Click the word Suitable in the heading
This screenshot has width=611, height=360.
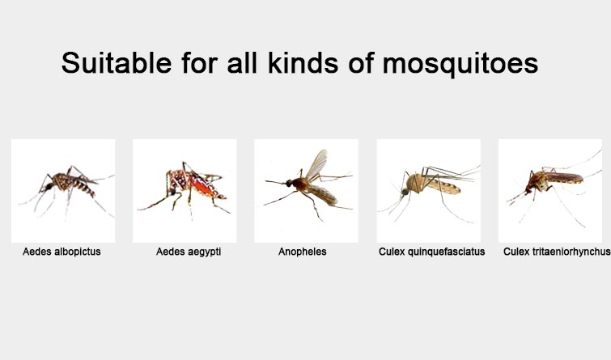(117, 63)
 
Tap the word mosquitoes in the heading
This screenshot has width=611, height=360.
(460, 64)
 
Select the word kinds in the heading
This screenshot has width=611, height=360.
(303, 62)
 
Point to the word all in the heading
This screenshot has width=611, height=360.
(242, 62)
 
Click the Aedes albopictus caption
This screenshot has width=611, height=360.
(62, 252)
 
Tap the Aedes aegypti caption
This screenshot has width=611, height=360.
(189, 252)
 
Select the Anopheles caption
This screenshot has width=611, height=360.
(303, 252)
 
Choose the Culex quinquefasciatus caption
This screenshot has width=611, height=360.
(432, 252)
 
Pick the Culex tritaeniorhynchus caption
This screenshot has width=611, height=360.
(557, 252)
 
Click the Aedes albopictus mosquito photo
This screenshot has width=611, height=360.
(63, 191)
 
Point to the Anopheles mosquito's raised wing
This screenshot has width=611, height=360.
(316, 164)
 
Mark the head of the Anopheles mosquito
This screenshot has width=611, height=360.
(289, 183)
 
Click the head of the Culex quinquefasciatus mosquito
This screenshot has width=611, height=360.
(405, 192)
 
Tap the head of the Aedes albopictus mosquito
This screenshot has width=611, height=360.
(49, 187)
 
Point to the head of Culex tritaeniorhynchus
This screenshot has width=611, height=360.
(528, 190)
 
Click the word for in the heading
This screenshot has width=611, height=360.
(199, 62)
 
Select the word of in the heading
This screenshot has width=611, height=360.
(361, 62)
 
